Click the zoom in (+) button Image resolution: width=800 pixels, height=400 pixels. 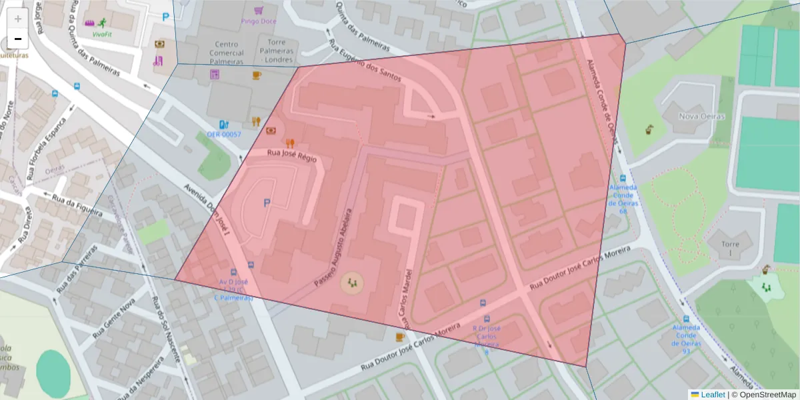tap(18, 19)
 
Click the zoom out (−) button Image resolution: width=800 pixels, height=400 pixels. tap(18, 39)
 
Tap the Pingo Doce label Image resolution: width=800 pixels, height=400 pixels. tap(257, 21)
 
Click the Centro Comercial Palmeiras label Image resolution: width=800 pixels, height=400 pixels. tap(227, 53)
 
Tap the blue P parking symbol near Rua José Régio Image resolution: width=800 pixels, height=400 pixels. tap(268, 203)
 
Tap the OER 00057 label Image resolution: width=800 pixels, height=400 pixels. tap(223, 134)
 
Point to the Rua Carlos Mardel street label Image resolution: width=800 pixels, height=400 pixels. tap(408, 293)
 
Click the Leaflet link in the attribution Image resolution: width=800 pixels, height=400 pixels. tap(713, 395)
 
